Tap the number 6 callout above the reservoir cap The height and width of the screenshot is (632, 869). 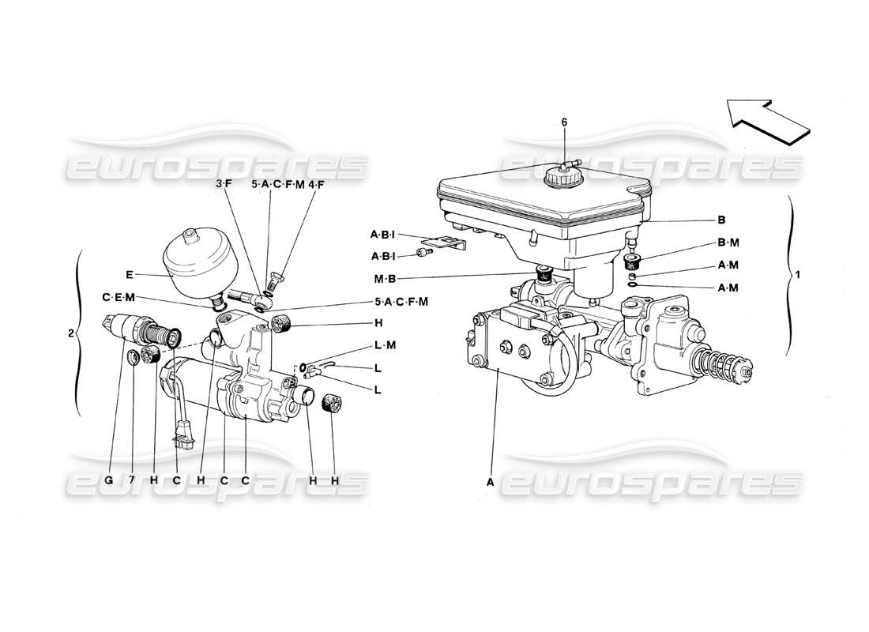pos(564,122)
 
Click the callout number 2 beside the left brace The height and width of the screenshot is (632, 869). pos(72,333)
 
